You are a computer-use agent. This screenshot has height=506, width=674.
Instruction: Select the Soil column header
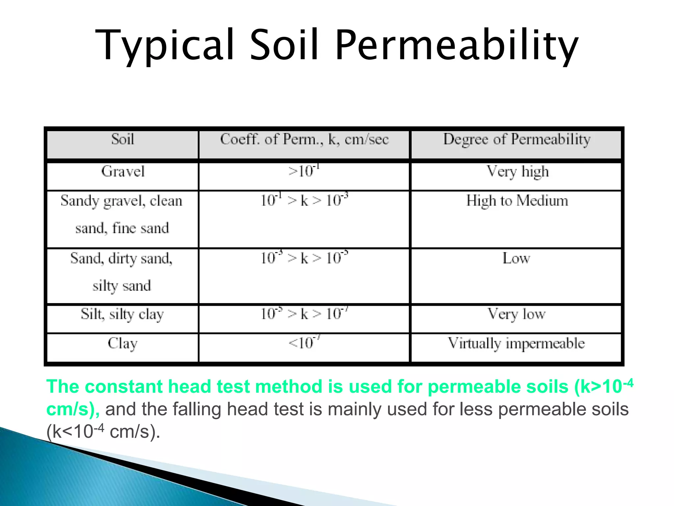pyautogui.click(x=122, y=139)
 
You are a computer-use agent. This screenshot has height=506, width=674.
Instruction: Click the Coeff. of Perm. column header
pyautogui.click(x=304, y=139)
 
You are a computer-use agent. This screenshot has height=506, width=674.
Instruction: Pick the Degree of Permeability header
pyautogui.click(x=517, y=139)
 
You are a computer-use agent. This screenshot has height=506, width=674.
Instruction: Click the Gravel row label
pyautogui.click(x=123, y=171)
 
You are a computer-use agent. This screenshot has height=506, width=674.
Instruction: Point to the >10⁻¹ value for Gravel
pyautogui.click(x=304, y=171)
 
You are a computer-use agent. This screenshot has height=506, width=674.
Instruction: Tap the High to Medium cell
pyautogui.click(x=517, y=201)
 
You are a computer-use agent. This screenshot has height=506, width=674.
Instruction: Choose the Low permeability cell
pyautogui.click(x=516, y=258)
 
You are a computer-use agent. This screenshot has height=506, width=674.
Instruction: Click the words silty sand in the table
pyautogui.click(x=122, y=286)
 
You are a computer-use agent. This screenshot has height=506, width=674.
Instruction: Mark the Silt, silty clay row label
pyautogui.click(x=122, y=314)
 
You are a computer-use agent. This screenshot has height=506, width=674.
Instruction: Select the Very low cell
pyautogui.click(x=516, y=314)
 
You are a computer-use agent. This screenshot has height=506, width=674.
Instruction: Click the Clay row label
pyautogui.click(x=122, y=343)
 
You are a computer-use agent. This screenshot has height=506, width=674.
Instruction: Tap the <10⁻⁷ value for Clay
pyautogui.click(x=304, y=343)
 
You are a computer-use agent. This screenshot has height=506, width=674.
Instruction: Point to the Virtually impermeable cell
pyautogui.click(x=516, y=343)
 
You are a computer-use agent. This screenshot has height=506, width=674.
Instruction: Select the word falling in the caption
pyautogui.click(x=197, y=409)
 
